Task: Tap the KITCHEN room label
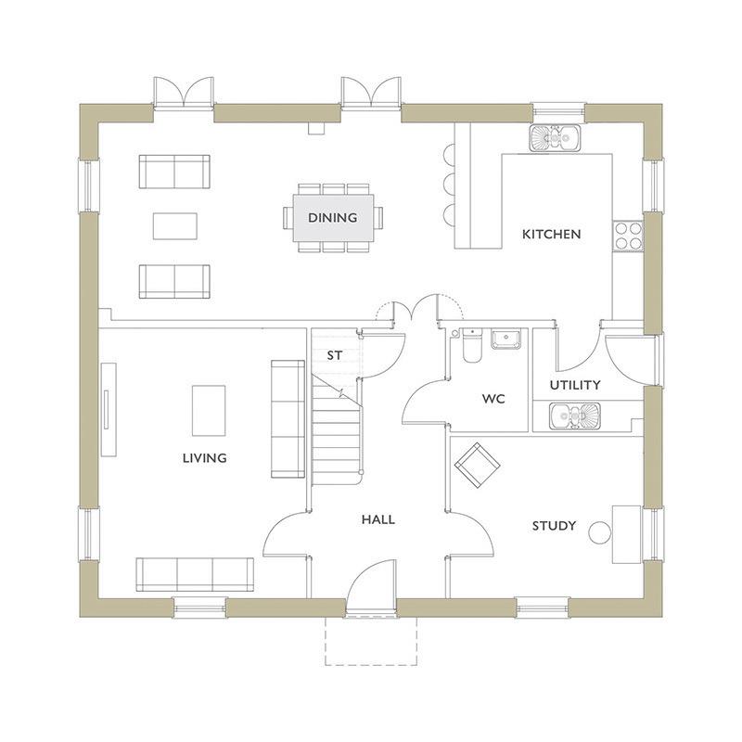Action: coord(551,234)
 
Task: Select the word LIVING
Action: coord(204,458)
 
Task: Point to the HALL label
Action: coord(377,519)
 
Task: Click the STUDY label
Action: coord(554,526)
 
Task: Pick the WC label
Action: coord(493,399)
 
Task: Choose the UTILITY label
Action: coord(574,384)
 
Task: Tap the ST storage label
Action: coord(335,355)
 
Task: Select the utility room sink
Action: coord(574,416)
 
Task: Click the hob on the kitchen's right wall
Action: coord(627,235)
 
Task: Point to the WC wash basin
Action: coord(505,339)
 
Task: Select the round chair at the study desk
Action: coord(601,532)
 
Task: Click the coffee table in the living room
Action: coord(209,410)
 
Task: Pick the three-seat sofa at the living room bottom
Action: coord(195,574)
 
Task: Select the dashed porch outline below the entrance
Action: coord(372,640)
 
